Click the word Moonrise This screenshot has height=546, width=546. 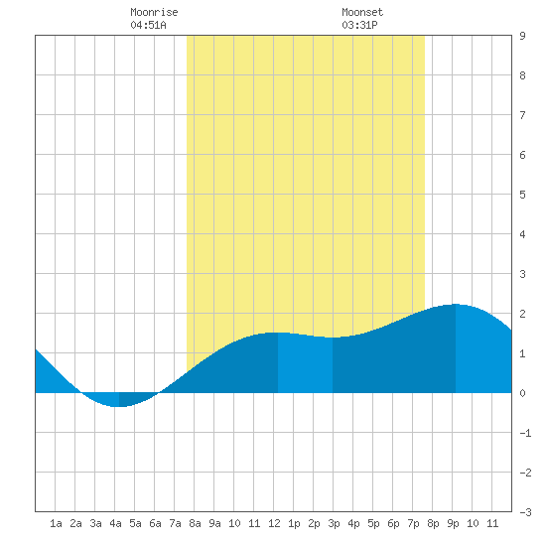click(154, 12)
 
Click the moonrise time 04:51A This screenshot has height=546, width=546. click(148, 25)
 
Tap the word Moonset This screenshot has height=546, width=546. click(362, 12)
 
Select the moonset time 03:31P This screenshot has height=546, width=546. click(359, 25)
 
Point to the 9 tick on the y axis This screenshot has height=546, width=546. click(522, 36)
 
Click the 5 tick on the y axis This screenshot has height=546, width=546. click(522, 195)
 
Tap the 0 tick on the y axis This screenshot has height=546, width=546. click(522, 393)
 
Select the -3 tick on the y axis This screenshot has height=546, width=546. click(525, 512)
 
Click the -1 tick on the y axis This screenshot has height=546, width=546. click(525, 433)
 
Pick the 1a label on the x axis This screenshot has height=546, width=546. click(56, 523)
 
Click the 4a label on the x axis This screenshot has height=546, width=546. click(115, 523)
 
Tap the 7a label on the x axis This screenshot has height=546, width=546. click(175, 523)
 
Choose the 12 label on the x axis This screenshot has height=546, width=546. click(274, 523)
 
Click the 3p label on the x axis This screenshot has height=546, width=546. click(334, 523)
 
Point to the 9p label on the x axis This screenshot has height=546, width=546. click(453, 523)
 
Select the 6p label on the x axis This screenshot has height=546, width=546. click(393, 523)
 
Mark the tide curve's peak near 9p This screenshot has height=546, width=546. click(455, 305)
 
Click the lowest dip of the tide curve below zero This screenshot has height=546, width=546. click(118, 406)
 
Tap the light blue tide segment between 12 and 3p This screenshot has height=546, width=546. click(306, 364)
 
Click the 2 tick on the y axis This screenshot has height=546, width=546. click(522, 314)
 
